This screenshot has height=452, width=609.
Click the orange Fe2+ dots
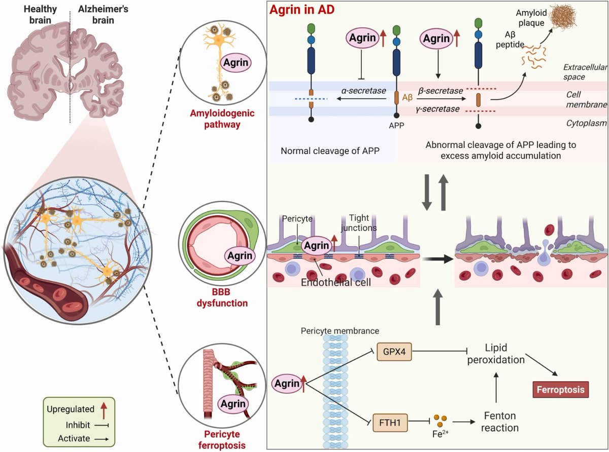coord(441,421)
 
